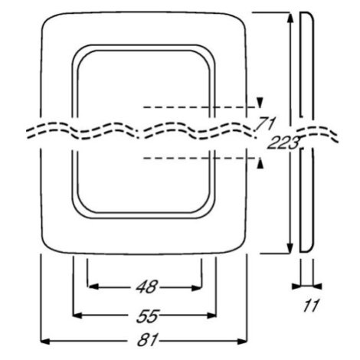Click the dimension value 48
(146, 286)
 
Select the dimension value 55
(148, 316)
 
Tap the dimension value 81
(148, 340)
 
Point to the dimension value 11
(311, 306)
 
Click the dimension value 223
(283, 142)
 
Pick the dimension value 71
(266, 124)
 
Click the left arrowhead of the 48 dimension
(93, 286)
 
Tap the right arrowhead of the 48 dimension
(196, 288)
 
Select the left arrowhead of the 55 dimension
(77, 316)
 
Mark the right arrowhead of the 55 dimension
(212, 316)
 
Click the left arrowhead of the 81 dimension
(45, 341)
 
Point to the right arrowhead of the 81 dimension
(243, 341)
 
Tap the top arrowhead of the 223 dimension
(290, 18)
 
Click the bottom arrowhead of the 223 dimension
(290, 248)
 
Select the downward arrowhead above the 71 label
(260, 103)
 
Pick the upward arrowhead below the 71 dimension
(260, 163)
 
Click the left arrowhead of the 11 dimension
(296, 286)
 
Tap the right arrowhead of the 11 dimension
(317, 286)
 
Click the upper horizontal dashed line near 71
(200, 107)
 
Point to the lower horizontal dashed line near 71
(200, 159)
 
